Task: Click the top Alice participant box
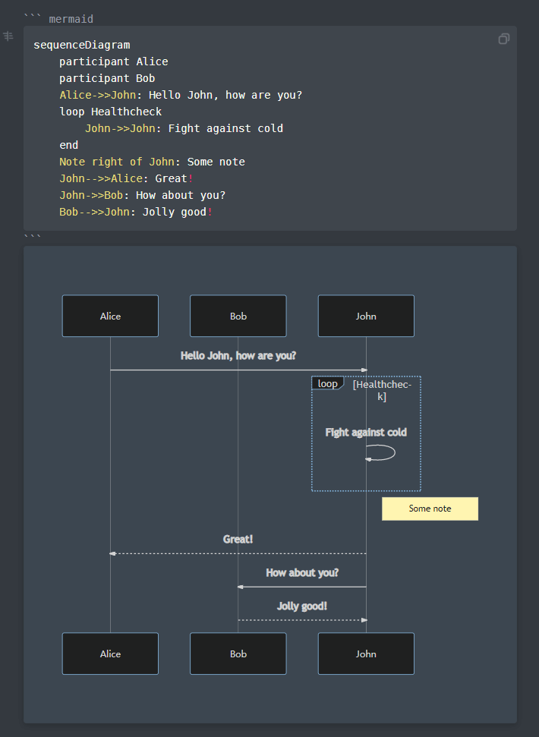click(x=110, y=316)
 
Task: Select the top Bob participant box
click(x=238, y=316)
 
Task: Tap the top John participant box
click(x=366, y=316)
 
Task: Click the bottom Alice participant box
click(x=110, y=654)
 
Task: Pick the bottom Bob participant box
click(x=238, y=654)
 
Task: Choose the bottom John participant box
click(x=366, y=654)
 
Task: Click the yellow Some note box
click(x=430, y=509)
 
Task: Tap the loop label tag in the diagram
click(x=327, y=383)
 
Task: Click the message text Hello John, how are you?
click(x=238, y=355)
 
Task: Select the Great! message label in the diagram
click(x=238, y=539)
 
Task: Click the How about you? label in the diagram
click(x=302, y=572)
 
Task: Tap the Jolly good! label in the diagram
click(x=302, y=606)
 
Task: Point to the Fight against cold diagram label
click(x=366, y=433)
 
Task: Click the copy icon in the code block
click(x=504, y=39)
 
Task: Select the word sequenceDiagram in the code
click(x=82, y=45)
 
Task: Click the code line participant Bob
click(x=107, y=78)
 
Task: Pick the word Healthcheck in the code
click(x=127, y=112)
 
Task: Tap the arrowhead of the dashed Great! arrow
click(x=112, y=553)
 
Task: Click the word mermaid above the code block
click(x=71, y=19)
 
